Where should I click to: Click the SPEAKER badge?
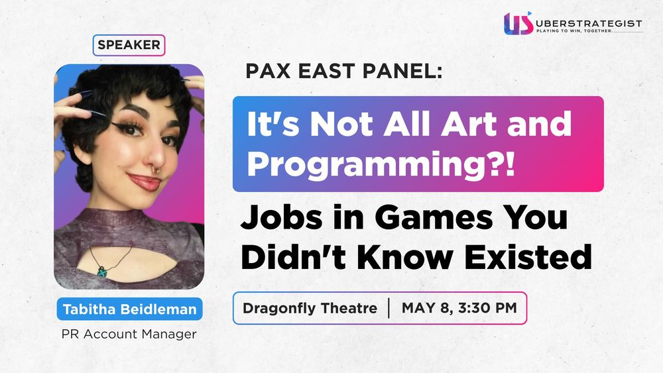[x=129, y=45]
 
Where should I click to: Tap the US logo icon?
[x=518, y=23]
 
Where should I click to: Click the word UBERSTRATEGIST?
[x=589, y=24]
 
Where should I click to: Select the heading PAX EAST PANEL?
[x=343, y=71]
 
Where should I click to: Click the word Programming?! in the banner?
[x=381, y=165]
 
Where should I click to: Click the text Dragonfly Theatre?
[x=310, y=308]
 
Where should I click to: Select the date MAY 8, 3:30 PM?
[x=459, y=307]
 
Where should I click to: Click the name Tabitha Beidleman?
[x=130, y=309]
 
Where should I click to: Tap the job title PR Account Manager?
[x=129, y=334]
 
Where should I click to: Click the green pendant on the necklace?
[x=102, y=271]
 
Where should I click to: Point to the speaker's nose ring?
[x=156, y=170]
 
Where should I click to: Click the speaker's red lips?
[x=145, y=182]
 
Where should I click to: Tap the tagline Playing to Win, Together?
[x=574, y=31]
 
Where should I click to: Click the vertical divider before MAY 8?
[x=389, y=308]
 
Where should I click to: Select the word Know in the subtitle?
[x=404, y=257]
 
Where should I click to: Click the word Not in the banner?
[x=342, y=124]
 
